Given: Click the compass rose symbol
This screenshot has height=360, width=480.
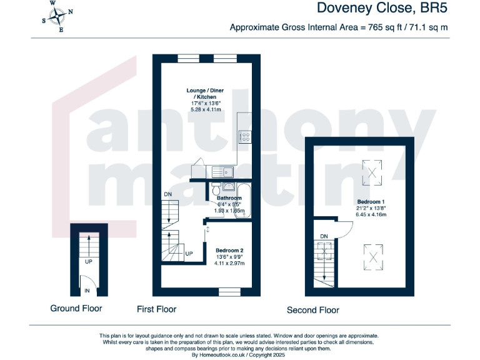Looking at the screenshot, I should click(56, 16).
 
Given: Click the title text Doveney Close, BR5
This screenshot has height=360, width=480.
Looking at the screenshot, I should click(382, 8).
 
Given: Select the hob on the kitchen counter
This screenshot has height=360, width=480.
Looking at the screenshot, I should click(245, 136).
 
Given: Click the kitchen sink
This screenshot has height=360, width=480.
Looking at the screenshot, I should click(222, 171).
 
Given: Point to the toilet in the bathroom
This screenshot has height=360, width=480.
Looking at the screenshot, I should click(216, 189).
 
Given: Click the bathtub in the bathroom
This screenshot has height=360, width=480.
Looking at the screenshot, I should click(244, 200).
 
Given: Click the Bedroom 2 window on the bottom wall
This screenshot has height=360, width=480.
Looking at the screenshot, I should click(230, 291).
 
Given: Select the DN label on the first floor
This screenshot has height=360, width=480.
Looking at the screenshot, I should click(167, 195).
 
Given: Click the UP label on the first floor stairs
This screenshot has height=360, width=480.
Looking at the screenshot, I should click(188, 254).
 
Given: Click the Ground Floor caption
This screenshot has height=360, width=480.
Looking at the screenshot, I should click(76, 308).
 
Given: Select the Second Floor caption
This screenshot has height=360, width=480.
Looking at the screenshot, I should click(312, 310).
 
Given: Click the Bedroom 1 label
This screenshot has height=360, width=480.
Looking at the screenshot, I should click(371, 202).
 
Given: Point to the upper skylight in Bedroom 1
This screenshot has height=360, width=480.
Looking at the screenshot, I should click(374, 171).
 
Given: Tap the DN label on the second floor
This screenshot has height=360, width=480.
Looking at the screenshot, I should click(323, 236).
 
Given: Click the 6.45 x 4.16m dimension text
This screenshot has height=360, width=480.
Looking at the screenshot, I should click(372, 215).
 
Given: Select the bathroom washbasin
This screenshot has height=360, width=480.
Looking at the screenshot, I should click(229, 186).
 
